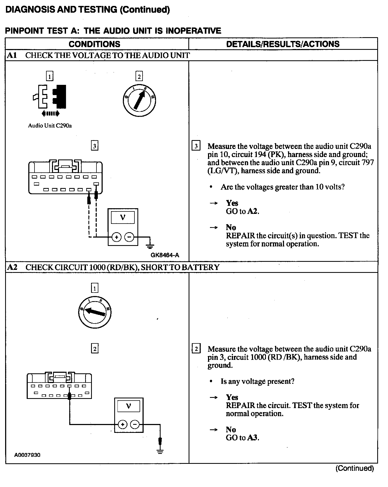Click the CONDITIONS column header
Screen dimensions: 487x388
[x=94, y=44]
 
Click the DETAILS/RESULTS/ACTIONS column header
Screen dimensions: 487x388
[x=283, y=44]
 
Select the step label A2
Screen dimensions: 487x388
[x=12, y=267]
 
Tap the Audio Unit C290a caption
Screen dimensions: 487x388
[x=50, y=126]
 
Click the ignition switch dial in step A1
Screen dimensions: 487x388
[x=140, y=100]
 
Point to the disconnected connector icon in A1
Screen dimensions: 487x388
[x=50, y=97]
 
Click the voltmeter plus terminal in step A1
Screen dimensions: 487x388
[x=116, y=237]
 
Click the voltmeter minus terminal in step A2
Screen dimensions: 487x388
[x=135, y=425]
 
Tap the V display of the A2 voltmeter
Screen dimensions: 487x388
[x=129, y=406]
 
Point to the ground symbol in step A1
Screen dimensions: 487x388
[x=150, y=246]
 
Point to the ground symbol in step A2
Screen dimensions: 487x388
[x=160, y=452]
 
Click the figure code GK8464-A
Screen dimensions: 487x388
[x=165, y=255]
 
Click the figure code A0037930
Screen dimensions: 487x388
[x=27, y=455]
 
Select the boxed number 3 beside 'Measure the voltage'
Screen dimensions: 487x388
[x=196, y=146]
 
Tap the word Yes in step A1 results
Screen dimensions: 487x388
[x=232, y=203]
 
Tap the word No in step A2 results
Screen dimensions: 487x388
[x=231, y=429]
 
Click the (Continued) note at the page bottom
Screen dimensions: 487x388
[x=355, y=468]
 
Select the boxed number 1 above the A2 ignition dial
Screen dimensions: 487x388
[x=95, y=288]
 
